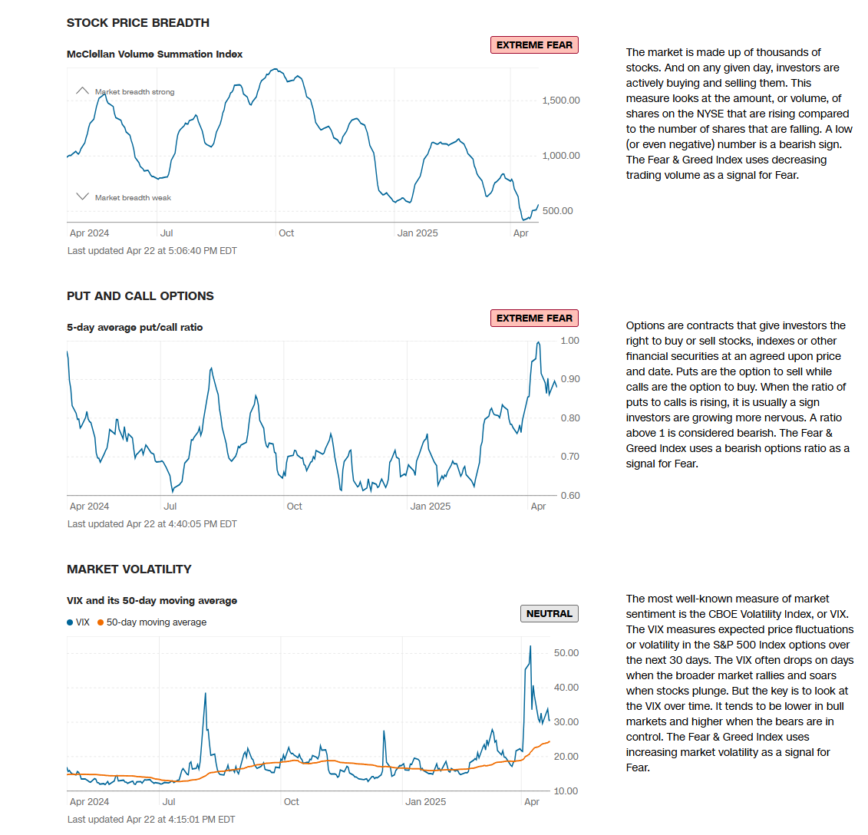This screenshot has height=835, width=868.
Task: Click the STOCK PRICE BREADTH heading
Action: coord(138,23)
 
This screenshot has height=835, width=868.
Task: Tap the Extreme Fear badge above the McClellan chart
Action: coord(534,45)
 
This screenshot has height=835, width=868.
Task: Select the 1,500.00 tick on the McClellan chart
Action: coord(561,101)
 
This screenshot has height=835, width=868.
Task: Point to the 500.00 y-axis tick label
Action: coord(558,211)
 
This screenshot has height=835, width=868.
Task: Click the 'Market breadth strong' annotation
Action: coord(134,92)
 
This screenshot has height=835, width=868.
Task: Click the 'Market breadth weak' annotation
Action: coord(133,198)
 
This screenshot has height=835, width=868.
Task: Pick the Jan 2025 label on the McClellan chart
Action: coord(417,233)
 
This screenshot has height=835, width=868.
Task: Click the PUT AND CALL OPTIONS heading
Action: coord(140,296)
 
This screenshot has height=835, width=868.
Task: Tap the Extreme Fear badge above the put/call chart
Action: coord(534,318)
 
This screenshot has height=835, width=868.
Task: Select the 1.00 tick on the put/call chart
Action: coord(570,341)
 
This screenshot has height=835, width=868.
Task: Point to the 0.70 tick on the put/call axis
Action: coord(570,457)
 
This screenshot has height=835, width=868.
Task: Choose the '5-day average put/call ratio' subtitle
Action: coord(135,328)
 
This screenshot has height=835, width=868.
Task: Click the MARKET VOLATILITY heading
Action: coord(129,569)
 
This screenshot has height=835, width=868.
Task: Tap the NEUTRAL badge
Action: coord(550,614)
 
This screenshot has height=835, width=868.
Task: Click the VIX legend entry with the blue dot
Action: coord(78,622)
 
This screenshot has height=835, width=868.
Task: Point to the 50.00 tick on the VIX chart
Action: coord(566,653)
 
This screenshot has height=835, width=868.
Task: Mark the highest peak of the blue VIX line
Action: coord(530,646)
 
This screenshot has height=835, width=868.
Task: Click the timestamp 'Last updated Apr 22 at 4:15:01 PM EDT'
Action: coord(151,820)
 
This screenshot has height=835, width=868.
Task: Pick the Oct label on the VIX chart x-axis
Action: coord(292,802)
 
